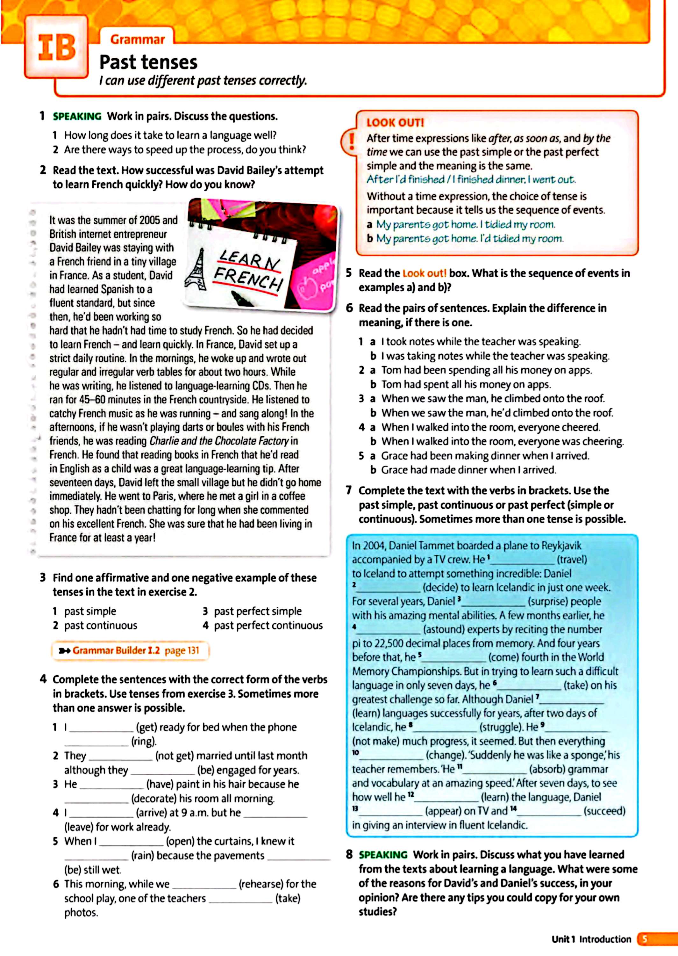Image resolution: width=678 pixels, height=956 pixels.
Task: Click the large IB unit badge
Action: [57, 47]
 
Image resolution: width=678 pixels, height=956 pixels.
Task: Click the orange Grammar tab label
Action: [137, 40]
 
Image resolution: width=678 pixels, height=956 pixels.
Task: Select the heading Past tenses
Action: [148, 62]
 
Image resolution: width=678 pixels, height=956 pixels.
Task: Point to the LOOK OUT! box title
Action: [395, 123]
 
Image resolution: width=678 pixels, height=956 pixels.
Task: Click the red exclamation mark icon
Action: [352, 141]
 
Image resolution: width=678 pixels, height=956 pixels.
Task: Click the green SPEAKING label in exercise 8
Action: [383, 855]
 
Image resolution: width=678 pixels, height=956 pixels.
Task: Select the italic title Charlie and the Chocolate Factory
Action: [219, 441]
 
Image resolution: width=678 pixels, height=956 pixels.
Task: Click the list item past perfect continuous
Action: [268, 625]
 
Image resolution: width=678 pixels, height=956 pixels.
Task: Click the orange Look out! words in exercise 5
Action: [424, 273]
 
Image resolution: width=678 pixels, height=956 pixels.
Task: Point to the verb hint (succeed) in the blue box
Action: [604, 811]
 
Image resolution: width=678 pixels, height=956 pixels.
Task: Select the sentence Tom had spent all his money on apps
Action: [466, 384]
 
